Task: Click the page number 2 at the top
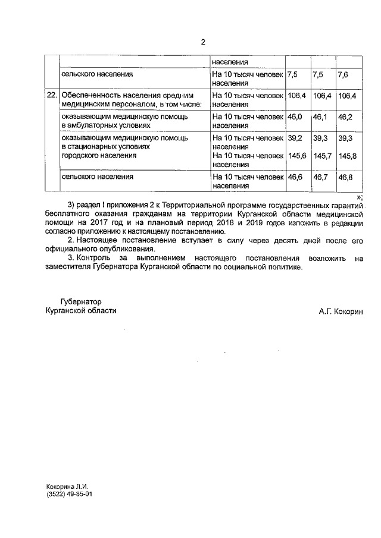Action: click(202, 42)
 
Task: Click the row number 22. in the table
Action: click(52, 95)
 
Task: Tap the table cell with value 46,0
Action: click(295, 117)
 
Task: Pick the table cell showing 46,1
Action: click(320, 117)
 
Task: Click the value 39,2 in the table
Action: click(295, 138)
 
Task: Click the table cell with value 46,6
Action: click(295, 177)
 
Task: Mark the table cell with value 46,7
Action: click(320, 177)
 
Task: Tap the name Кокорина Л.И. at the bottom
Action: click(67, 486)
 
